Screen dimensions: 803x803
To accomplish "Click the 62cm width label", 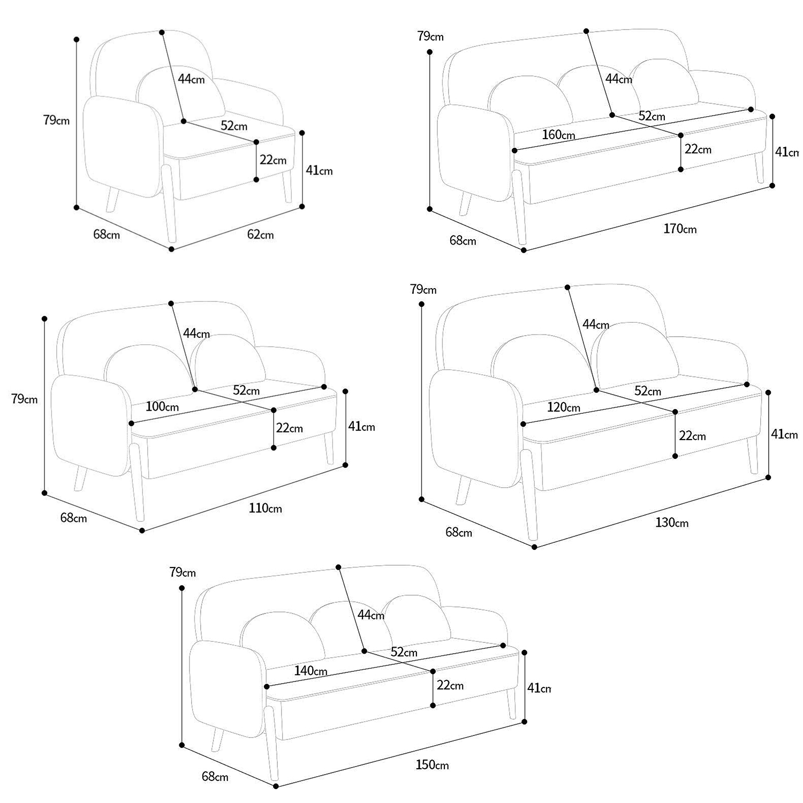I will (x=260, y=234).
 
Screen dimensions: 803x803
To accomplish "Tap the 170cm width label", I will (x=680, y=229).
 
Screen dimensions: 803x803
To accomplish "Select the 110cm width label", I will (x=265, y=508).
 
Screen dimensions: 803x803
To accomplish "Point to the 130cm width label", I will (x=672, y=522).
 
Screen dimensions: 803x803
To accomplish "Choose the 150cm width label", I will (x=432, y=765).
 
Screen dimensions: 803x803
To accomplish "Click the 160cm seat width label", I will (x=558, y=134).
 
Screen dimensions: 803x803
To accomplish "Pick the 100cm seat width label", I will (x=162, y=406).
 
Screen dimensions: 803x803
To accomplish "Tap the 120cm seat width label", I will (x=564, y=407).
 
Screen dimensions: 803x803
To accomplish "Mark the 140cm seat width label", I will (x=310, y=670).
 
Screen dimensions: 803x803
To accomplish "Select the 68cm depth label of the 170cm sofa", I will (x=463, y=240).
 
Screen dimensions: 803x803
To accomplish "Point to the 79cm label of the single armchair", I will (x=56, y=120).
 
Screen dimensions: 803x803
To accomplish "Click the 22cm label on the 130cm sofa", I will (x=692, y=436).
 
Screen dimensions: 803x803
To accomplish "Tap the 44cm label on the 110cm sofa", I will (x=196, y=333).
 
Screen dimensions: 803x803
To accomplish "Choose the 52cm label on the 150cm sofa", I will (x=404, y=652).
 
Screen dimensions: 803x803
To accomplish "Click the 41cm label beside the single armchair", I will (x=319, y=170).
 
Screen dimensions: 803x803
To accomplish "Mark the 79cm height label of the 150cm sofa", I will (x=183, y=572).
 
